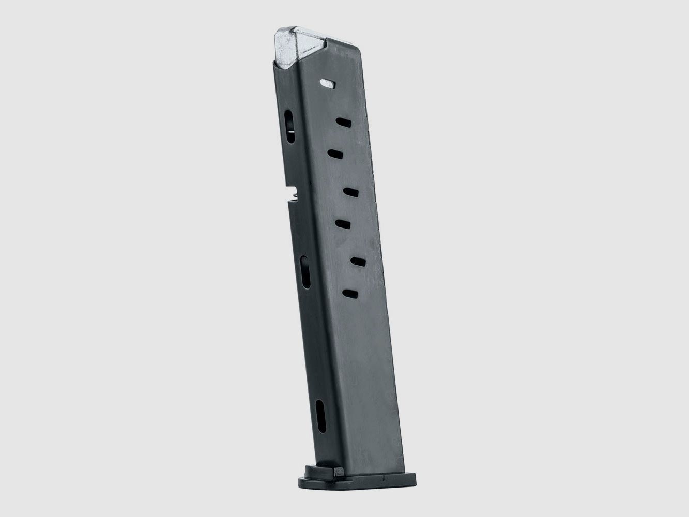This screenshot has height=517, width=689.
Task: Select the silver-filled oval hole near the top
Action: (x=327, y=82)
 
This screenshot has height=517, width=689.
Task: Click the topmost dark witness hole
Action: (x=343, y=122)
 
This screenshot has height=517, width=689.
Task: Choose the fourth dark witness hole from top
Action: (x=343, y=223)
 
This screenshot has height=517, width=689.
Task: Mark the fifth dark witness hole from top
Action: (x=357, y=262)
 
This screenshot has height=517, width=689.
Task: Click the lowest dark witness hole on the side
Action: (x=350, y=294)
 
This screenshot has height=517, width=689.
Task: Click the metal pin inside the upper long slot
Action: (x=291, y=135)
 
